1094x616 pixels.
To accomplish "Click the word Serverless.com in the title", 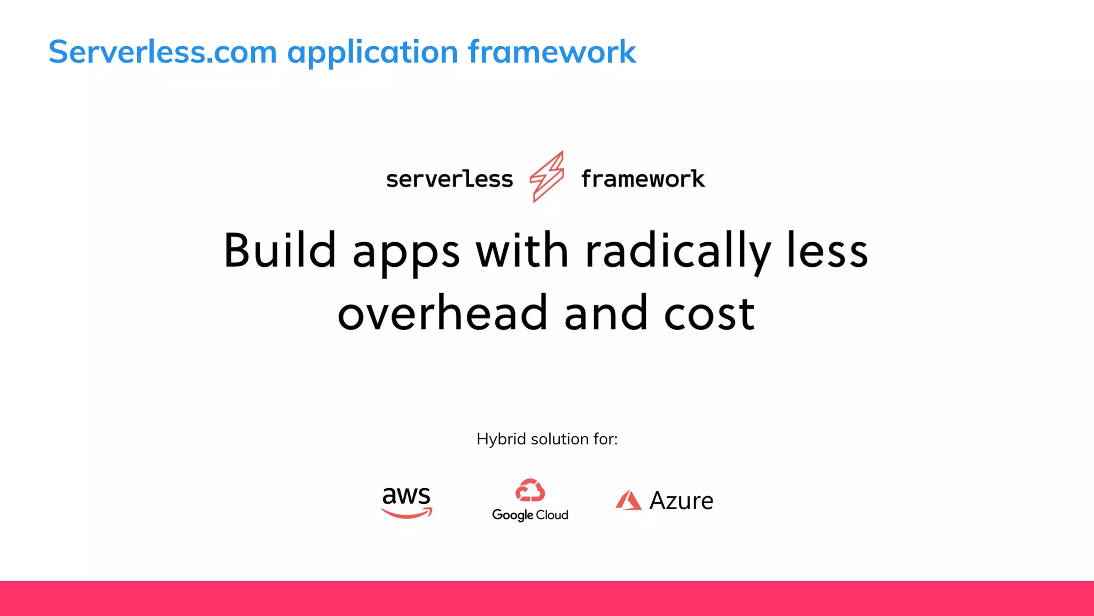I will pos(162,52).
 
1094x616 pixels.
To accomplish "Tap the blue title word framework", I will pos(552,52).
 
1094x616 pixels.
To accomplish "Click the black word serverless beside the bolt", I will pos(449,179).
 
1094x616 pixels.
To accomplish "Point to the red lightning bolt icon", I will pos(546,176).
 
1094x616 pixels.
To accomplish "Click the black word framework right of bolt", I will pos(643,179).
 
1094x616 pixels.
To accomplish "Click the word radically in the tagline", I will pos(678,251).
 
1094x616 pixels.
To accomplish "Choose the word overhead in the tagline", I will pos(442,313).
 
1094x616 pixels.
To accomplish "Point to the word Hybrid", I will pos(501,439).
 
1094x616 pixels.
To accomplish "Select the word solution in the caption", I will pos(559,439).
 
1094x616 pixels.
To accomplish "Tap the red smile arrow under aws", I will pos(407,514).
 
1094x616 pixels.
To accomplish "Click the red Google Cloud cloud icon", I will pos(530,490).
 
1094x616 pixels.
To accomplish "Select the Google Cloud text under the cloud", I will pos(530,515).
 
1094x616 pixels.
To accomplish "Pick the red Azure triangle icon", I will pos(628,500).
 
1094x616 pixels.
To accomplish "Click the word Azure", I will pos(681,500).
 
